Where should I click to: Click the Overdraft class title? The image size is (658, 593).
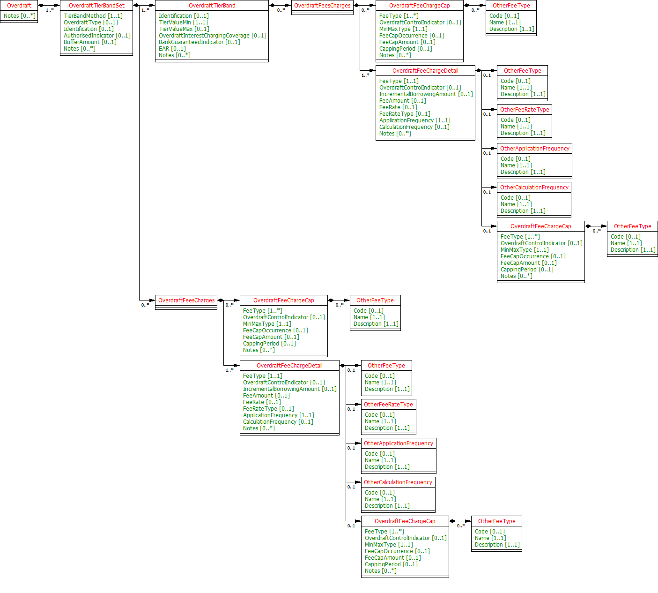pos(19,6)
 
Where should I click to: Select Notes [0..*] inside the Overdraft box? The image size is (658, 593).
pos(19,16)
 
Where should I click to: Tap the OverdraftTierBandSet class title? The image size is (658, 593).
pos(96,6)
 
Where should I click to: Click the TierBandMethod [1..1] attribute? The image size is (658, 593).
pos(93,16)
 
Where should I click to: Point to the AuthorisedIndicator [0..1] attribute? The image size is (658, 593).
pos(97,36)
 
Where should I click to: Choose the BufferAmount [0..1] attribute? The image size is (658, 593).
pos(90,42)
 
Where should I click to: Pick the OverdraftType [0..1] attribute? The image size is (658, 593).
pos(90,23)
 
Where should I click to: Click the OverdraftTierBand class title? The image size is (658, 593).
pos(212,6)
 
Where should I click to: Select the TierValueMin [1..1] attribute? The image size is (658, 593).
pos(183,23)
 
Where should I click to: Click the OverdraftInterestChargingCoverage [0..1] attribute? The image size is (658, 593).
pos(212,36)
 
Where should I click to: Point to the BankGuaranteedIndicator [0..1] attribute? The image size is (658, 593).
pos(199,42)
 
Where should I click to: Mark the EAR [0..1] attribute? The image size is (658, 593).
pos(172,49)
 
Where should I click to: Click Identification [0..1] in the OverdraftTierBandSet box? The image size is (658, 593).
pos(89,29)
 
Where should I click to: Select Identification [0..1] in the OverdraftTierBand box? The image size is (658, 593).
pos(184,16)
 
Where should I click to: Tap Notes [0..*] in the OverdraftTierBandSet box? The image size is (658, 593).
pos(79,49)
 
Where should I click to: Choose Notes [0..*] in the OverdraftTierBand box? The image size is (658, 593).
pos(174,55)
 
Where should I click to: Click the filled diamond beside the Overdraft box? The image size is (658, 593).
pos(41,6)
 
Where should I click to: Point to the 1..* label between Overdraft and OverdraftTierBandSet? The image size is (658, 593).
pos(50,10)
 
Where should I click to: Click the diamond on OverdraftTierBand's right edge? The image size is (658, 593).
pos(272,6)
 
